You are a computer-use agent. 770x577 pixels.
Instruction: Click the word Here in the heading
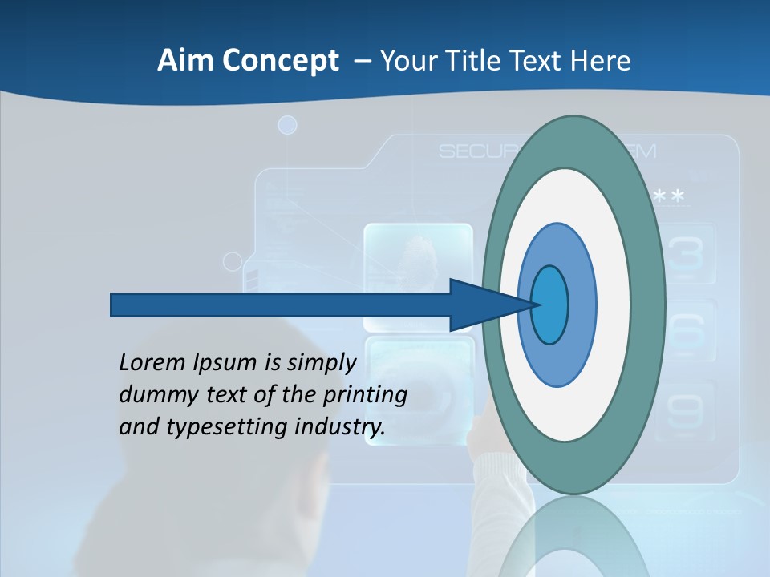(x=601, y=61)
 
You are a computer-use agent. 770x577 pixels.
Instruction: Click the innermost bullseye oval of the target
(x=550, y=305)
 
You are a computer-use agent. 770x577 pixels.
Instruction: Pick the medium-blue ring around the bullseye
(x=581, y=305)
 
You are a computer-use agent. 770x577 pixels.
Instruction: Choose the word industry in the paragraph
(x=340, y=427)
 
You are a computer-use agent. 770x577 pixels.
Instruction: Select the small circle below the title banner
(x=287, y=125)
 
